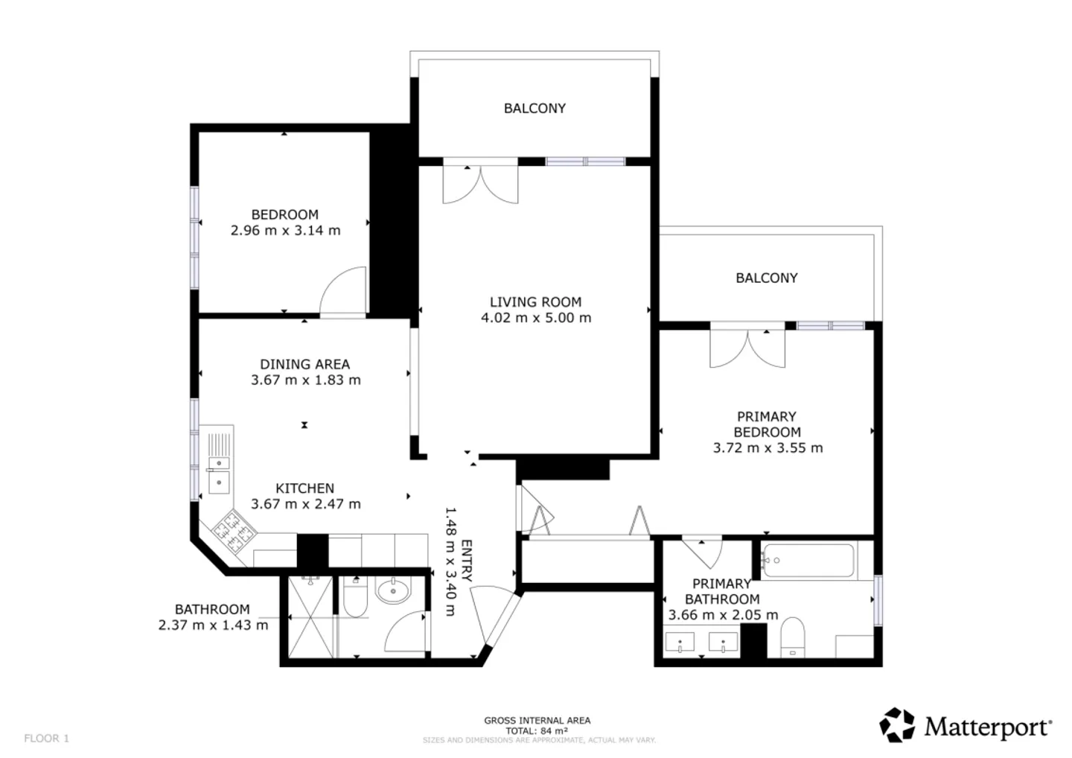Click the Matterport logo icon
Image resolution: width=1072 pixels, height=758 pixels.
pos(897,725)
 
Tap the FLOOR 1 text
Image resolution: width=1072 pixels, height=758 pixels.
pos(46,739)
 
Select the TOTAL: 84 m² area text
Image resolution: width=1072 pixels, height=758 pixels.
pos(537,730)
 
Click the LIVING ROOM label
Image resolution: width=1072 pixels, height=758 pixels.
pos(535,302)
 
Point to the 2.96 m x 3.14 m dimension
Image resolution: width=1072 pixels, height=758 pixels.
pos(285,231)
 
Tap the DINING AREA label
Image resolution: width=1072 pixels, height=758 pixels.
pos(304,364)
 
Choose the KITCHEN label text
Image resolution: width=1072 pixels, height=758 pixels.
pos(304,488)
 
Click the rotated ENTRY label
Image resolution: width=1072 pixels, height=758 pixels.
pos(467,561)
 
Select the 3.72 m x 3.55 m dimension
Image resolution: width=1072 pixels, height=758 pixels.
pos(768,448)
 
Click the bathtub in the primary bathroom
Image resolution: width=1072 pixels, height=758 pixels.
pos(808,561)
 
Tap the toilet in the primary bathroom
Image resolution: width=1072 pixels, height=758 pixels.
pos(793,638)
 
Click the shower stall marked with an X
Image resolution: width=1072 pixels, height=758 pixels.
pos(310,617)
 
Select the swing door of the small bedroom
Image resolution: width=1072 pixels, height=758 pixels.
pos(343,294)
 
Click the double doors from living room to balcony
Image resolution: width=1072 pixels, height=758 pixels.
pos(480,182)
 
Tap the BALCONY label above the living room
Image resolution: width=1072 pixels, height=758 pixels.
pos(535,108)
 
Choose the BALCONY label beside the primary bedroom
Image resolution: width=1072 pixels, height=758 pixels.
pos(766,278)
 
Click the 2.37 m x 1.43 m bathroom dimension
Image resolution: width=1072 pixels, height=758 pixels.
pos(213,625)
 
